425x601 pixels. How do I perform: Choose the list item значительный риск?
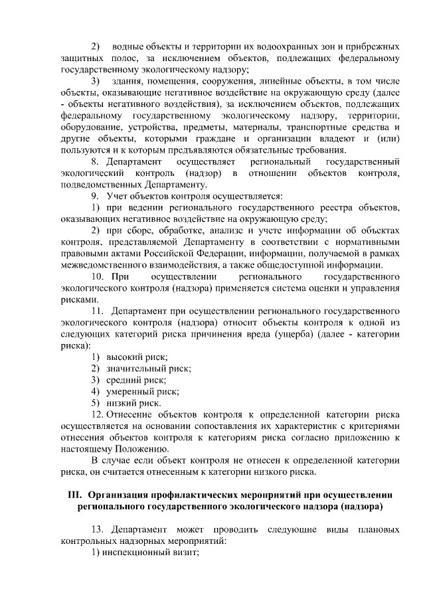(x=143, y=369)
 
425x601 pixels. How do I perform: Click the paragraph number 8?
(x=94, y=162)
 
